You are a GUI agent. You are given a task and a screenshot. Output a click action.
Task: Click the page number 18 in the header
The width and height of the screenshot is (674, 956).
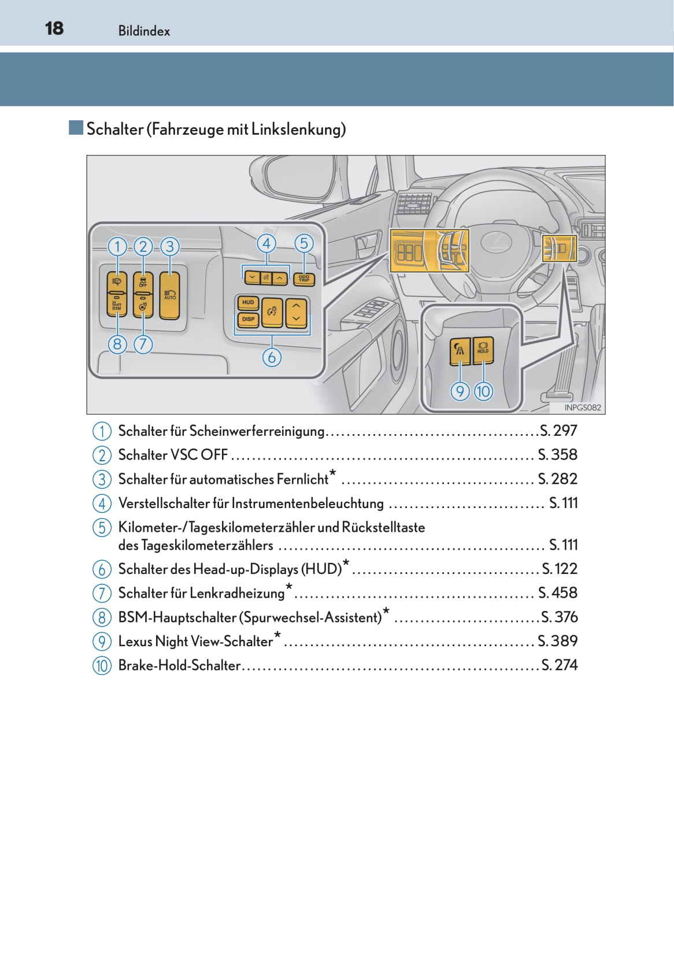coord(54,28)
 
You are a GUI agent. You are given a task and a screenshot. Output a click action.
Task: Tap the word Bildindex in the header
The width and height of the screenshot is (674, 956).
coord(144,31)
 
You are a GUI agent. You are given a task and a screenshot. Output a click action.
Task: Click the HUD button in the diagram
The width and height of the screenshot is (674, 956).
coord(248,302)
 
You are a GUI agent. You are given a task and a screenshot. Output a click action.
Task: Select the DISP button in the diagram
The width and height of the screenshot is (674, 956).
coord(248,319)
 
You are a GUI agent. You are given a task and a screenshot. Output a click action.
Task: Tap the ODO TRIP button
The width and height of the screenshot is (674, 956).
coord(304,279)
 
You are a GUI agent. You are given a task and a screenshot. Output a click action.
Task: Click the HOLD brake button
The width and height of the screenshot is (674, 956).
coord(483,350)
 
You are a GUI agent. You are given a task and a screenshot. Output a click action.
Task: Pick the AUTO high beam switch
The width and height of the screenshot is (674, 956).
coord(170,295)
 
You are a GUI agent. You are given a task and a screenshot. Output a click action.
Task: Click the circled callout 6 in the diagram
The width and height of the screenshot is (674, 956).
coord(272,357)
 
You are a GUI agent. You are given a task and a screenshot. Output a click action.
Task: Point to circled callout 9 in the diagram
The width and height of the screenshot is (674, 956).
coord(460,391)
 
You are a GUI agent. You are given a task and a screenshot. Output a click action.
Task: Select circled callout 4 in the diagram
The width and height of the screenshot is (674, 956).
coord(266,244)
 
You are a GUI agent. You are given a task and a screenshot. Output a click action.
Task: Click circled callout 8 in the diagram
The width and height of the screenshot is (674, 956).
coord(117,344)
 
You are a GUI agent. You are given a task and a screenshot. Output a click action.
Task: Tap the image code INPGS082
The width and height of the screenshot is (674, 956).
coord(583,407)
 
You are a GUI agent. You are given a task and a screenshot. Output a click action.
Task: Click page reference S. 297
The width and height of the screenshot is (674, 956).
coord(558,431)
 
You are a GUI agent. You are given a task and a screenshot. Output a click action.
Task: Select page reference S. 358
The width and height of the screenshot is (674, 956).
coord(557,455)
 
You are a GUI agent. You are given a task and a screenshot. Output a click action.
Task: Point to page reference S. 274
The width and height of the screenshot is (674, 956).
coord(559,665)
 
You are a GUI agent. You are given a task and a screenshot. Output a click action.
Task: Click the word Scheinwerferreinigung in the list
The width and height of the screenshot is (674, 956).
coord(257,431)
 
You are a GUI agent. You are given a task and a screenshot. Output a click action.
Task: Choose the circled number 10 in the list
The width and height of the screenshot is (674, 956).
coord(102,666)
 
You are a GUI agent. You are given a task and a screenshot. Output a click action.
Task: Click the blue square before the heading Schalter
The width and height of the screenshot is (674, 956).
coord(76,128)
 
